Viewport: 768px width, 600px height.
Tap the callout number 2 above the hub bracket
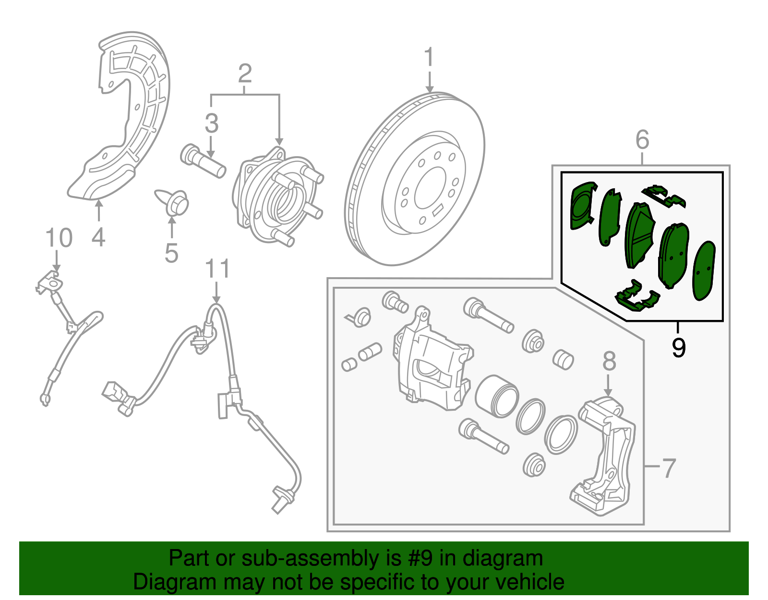245,73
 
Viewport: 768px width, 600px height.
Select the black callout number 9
678,347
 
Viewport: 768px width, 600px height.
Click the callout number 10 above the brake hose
59,238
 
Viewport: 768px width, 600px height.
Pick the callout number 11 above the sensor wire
217,269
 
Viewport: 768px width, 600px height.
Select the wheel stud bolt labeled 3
203,160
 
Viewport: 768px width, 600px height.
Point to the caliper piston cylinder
496,396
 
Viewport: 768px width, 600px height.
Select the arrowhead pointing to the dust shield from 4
98,204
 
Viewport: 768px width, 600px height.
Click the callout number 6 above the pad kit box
642,140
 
